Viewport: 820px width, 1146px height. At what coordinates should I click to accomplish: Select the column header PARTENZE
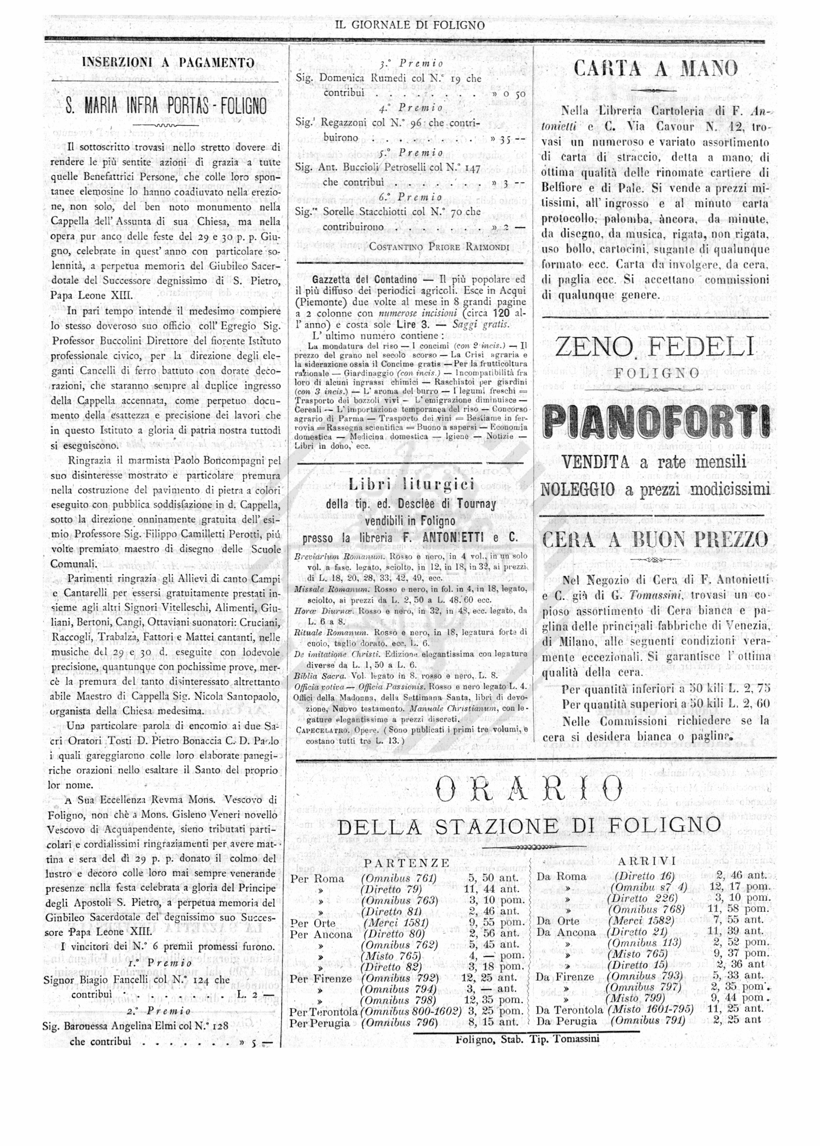point(407,863)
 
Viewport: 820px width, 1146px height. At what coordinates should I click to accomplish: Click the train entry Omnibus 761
point(399,878)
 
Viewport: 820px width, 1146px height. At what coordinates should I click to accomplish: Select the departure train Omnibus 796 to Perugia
point(400,1023)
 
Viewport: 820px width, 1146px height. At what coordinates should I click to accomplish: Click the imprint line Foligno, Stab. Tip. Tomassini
point(527,1039)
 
